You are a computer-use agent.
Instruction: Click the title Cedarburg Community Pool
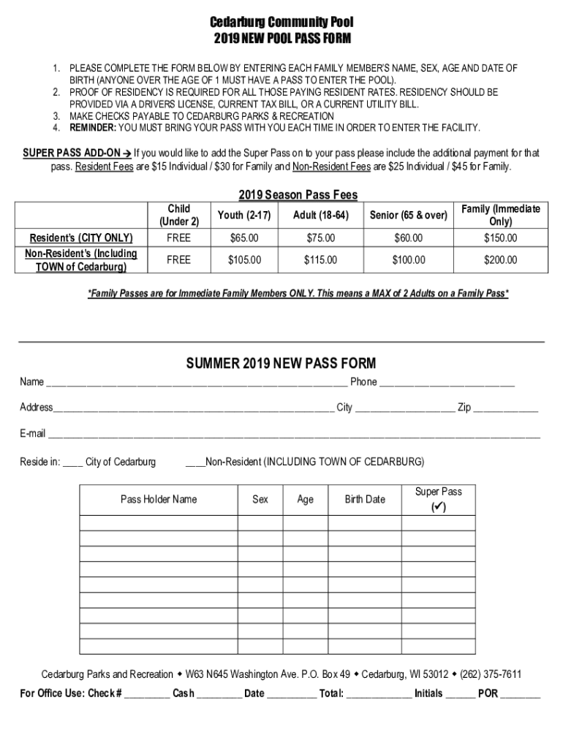click(281, 23)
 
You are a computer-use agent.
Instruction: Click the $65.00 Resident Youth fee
click(243, 238)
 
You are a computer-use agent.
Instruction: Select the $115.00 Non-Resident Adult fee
click(319, 260)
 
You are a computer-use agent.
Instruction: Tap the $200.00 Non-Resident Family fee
click(501, 260)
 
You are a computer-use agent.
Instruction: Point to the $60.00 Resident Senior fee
click(409, 238)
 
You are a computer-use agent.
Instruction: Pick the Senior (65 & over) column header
click(409, 215)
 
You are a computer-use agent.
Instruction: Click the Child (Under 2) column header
click(178, 215)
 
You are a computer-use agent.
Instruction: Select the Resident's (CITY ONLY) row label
click(80, 238)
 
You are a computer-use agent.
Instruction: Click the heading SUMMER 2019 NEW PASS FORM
click(281, 363)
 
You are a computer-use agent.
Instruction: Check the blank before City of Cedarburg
click(72, 464)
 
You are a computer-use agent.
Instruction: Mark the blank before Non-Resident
click(194, 464)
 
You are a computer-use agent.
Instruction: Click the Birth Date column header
click(365, 500)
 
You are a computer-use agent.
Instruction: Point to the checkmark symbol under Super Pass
click(439, 507)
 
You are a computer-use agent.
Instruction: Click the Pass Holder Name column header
click(159, 500)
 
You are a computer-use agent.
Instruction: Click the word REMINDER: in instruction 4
click(92, 128)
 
